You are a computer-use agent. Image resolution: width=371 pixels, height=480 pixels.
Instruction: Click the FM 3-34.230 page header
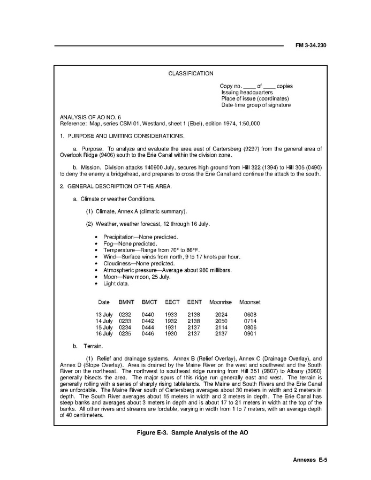[311, 45]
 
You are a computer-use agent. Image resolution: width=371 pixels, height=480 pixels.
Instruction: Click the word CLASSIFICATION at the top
[191, 74]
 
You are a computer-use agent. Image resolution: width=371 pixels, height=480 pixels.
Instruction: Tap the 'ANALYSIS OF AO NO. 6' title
[90, 117]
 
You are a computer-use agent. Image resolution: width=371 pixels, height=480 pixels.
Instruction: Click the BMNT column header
[125, 302]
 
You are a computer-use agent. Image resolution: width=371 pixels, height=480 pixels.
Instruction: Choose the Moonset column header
[250, 302]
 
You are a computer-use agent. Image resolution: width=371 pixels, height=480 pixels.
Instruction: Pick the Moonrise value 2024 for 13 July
[221, 315]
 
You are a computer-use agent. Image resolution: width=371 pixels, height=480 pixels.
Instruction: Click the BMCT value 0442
[148, 321]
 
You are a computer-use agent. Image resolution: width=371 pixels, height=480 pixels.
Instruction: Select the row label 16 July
[104, 334]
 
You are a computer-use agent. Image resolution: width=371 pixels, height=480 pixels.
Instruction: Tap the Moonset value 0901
[250, 334]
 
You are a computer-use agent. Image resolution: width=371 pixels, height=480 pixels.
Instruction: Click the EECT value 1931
[171, 327]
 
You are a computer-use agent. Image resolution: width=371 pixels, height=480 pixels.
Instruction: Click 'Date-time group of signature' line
[256, 105]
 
